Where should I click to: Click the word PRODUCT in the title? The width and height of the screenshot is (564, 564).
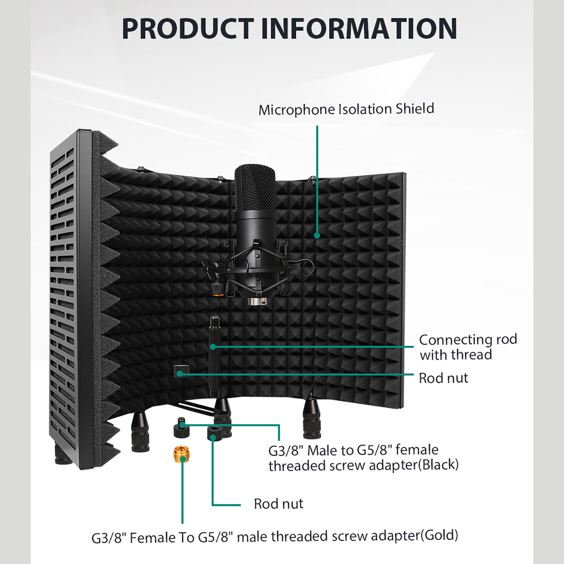[x=187, y=29]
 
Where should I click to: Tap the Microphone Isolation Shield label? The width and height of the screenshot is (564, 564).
[x=346, y=109]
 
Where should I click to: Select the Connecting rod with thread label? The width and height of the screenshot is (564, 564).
[x=468, y=347]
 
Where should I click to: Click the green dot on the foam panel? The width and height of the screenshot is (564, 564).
[x=317, y=235]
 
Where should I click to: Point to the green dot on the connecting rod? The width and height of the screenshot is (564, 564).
[x=213, y=347]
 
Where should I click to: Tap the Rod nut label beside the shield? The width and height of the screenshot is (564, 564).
[x=443, y=378]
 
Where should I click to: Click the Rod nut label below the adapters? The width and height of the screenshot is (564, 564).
[x=278, y=504]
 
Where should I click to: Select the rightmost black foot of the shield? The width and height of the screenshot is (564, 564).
[x=312, y=418]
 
